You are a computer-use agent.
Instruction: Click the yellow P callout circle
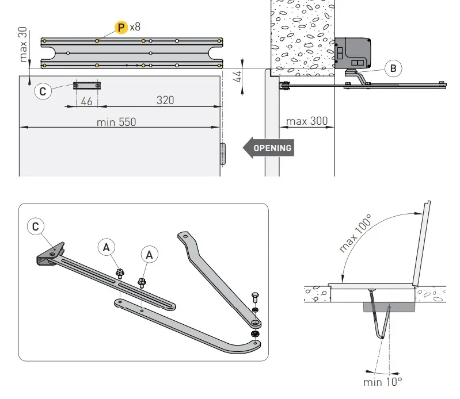pos(121,27)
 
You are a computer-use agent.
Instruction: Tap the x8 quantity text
pos(135,27)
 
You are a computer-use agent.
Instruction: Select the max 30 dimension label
pos(24,44)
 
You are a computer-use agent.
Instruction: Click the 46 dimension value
pos(87,101)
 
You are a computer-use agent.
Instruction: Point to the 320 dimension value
pos(165,100)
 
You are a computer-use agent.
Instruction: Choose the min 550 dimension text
pos(117,122)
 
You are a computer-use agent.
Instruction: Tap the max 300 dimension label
pos(307,121)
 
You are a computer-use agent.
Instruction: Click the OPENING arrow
pos(268,148)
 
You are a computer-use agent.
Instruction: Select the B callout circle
pos(393,69)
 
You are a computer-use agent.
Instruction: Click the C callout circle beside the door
pos(43,91)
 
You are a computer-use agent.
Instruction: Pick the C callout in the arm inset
pos(36,227)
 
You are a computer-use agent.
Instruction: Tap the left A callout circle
pos(105,247)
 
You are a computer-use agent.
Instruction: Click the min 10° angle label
pos(382,381)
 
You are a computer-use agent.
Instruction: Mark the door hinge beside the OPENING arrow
pos(223,154)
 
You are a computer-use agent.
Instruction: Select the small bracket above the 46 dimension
pos(87,86)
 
